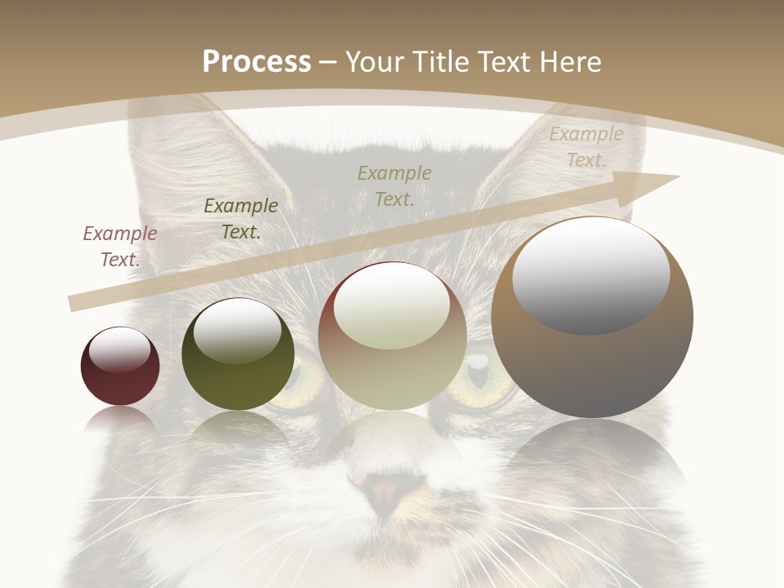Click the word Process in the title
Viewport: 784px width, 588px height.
(x=256, y=62)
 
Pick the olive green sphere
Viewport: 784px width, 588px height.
(x=238, y=354)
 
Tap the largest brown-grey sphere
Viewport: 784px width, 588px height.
(x=592, y=318)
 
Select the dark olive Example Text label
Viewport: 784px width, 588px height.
(x=241, y=219)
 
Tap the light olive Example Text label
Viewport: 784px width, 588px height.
(x=394, y=185)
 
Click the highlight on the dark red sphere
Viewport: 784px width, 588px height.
(x=119, y=350)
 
